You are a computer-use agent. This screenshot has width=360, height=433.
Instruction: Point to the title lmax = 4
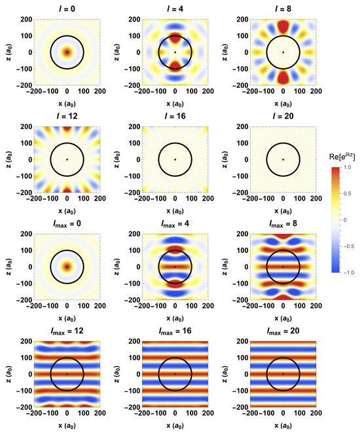(x=175, y=223)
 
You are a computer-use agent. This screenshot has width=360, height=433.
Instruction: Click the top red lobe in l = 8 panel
(x=283, y=27)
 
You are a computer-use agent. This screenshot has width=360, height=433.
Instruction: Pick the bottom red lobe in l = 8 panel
(x=283, y=77)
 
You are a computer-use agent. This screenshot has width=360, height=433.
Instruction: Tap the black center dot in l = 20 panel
(x=283, y=159)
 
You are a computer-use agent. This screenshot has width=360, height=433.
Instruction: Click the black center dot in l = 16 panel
(x=175, y=159)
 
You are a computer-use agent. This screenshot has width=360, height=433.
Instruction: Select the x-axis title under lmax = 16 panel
(x=175, y=426)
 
